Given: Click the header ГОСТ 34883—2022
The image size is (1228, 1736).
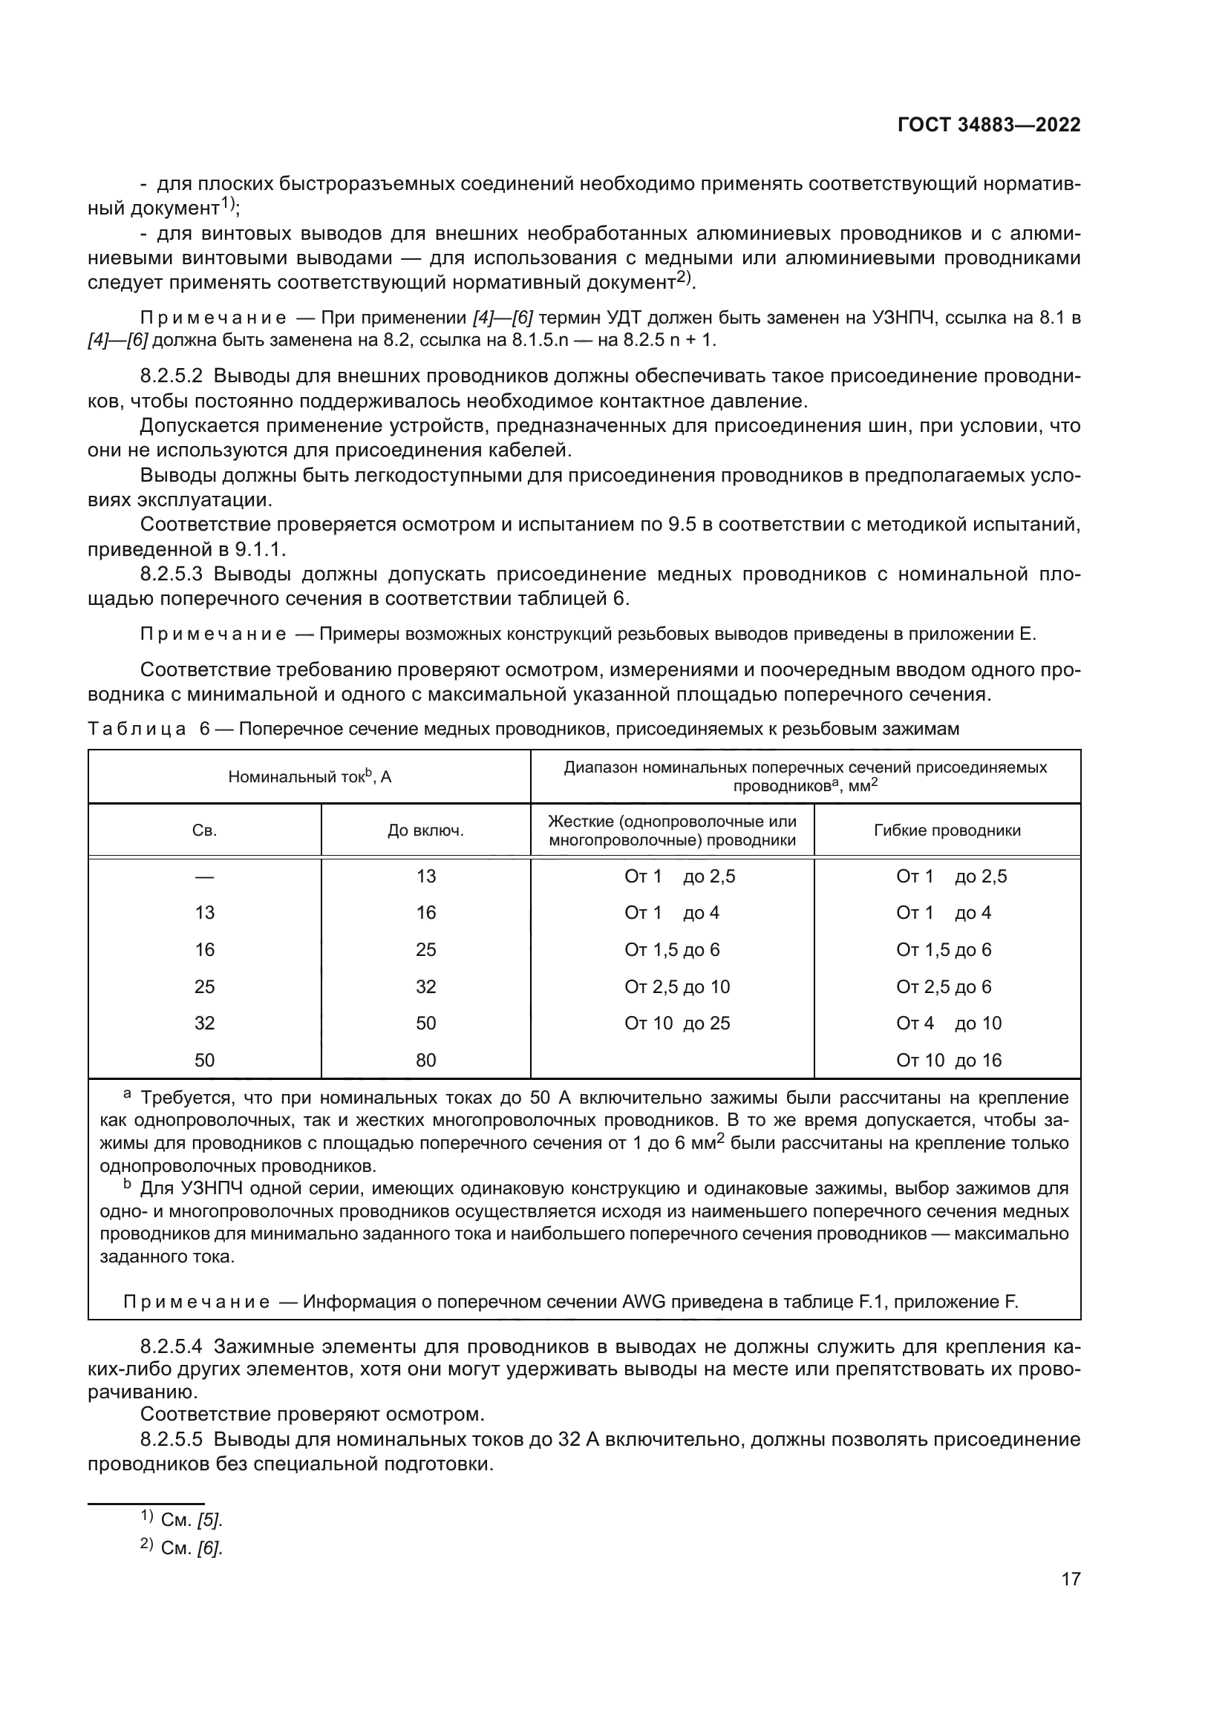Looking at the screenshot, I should click(988, 125).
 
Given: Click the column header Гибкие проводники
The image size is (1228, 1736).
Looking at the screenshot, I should click(947, 831).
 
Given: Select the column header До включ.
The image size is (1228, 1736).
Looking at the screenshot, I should click(425, 831).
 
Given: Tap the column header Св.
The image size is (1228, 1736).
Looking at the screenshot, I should click(204, 831).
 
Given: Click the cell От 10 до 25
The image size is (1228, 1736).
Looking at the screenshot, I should click(677, 1023).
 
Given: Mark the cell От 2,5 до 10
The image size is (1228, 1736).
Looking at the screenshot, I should click(677, 986).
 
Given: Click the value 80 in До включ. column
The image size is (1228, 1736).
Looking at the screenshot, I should click(425, 1060).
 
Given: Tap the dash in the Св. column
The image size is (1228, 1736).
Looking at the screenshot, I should click(204, 877).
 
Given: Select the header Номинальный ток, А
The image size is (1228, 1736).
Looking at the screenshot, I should click(310, 776).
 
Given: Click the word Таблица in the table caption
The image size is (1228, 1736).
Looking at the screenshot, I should click(137, 729).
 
